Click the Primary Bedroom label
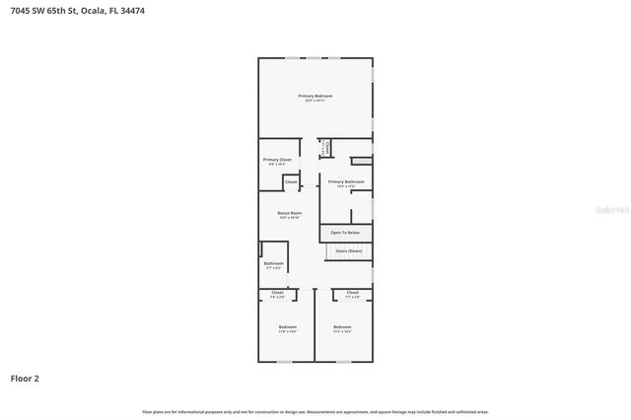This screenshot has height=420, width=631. pos(315,96)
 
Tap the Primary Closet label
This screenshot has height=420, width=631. pos(277,160)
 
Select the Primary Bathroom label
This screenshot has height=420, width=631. pos(346,181)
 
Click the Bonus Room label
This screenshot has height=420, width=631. pos(289,213)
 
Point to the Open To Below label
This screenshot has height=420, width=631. pos(345,232)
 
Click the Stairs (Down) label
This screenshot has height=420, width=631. pos(348,250)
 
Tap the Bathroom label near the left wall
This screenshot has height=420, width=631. pos(273,263)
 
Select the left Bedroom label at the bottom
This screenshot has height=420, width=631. pos(287,326)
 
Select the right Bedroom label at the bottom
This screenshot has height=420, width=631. pos(342,326)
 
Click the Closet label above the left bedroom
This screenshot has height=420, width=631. pos(277,293)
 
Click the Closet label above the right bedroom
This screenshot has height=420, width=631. pos(352,293)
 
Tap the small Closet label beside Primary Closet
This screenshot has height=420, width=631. pos(291,181)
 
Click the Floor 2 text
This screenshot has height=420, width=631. pos(25,378)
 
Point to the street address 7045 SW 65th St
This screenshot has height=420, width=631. pos(44,11)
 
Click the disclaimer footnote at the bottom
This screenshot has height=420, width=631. pos(315,411)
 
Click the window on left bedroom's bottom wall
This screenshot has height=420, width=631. pos(284,362)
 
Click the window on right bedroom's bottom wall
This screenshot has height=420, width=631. pos(343,362)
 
